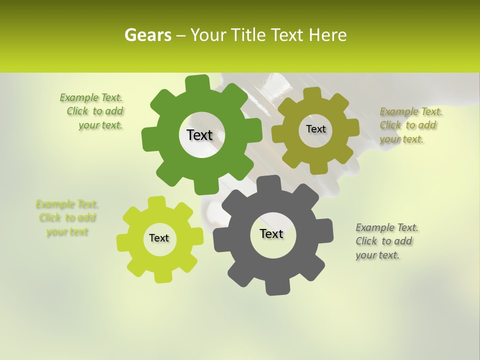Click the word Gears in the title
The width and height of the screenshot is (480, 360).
click(x=147, y=35)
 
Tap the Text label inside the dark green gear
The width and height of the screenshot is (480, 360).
click(x=199, y=135)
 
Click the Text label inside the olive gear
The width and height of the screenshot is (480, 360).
click(x=315, y=129)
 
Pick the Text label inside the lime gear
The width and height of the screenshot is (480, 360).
click(x=159, y=238)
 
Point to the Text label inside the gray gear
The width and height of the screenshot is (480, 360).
click(x=271, y=233)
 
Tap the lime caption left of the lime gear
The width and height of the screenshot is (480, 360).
click(x=67, y=218)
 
